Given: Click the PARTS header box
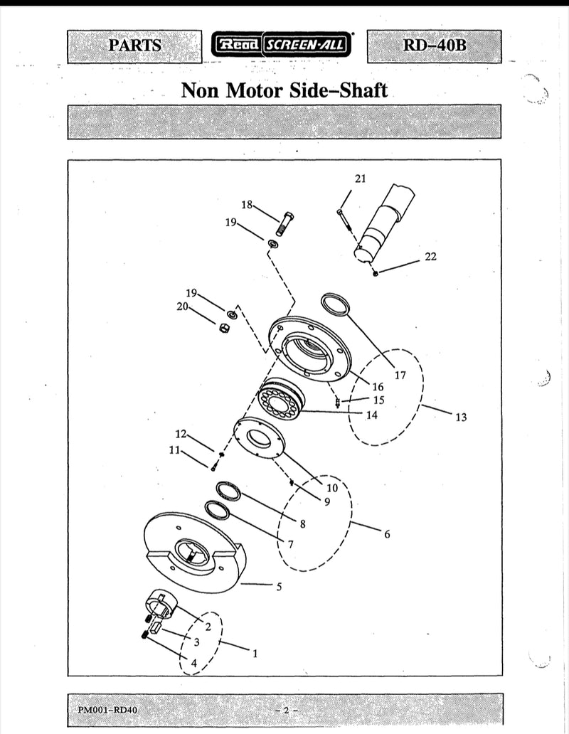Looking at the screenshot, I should tap(135, 46).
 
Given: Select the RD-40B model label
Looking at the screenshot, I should tap(434, 46).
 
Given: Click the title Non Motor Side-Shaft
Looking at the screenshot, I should tap(284, 90).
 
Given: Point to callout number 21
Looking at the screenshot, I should tap(360, 179).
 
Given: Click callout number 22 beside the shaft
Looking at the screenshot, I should tap(431, 257).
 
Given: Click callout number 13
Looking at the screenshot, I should tap(462, 417).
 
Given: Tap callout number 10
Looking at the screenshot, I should tap(331, 488).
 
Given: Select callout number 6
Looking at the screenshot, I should tap(387, 534).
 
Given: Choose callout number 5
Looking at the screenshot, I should tap(279, 587).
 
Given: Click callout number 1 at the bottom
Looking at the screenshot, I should tap(255, 652).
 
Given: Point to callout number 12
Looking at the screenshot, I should tap(181, 433).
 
